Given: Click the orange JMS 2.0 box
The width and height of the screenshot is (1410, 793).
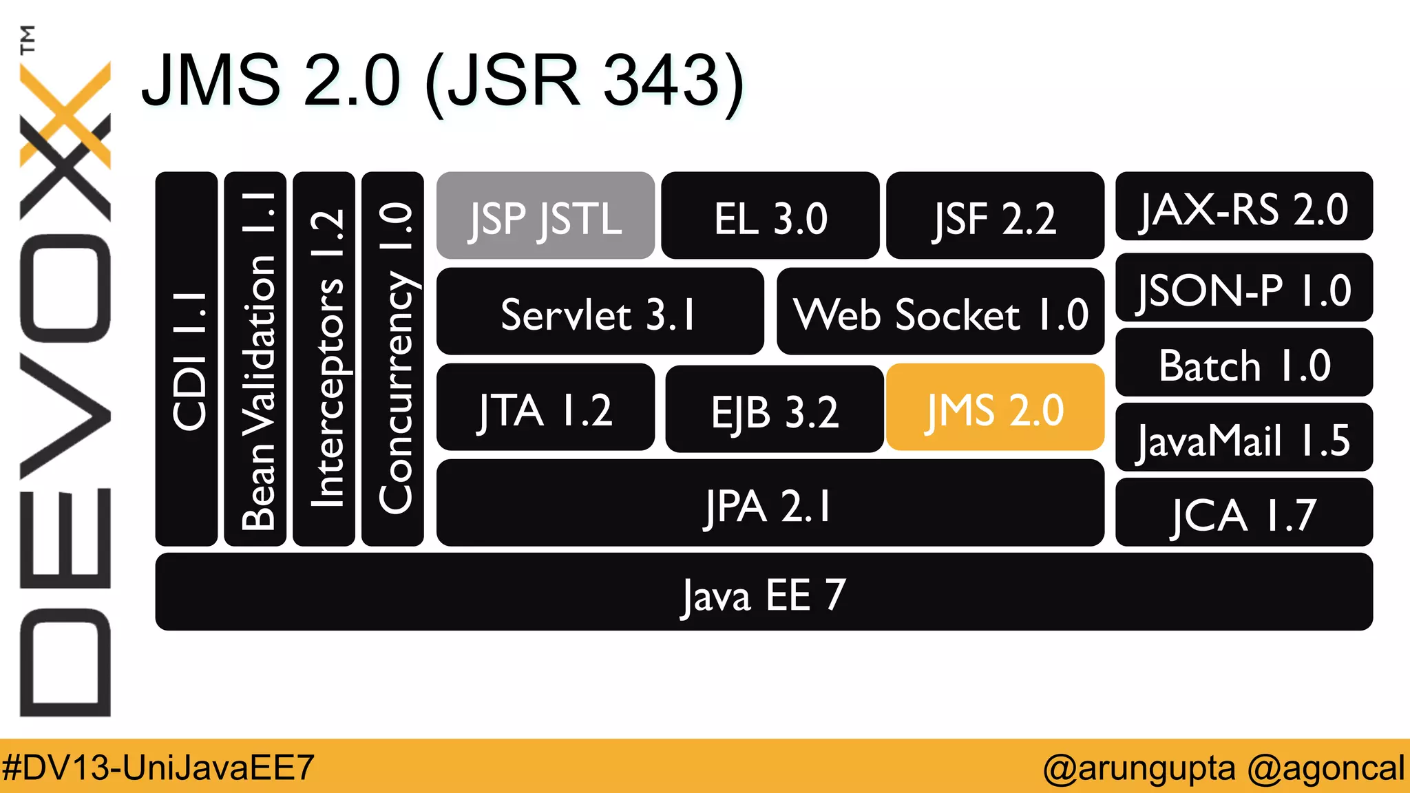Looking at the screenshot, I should tap(995, 408).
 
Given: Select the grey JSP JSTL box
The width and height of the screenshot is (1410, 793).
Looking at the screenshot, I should tap(545, 215).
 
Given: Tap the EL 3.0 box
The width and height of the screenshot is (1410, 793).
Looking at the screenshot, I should tap(770, 215).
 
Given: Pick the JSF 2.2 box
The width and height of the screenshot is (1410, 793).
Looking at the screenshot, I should tap(995, 215).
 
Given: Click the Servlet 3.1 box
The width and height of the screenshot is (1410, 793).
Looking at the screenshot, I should tap(600, 312).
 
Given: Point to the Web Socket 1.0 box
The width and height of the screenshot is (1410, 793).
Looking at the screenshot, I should tap(940, 312).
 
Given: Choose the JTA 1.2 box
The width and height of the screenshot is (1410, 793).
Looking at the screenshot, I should tap(545, 408).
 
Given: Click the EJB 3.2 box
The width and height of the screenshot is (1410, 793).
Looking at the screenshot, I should tap(775, 409).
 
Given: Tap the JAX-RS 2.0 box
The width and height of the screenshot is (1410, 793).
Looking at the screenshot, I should tap(1243, 207).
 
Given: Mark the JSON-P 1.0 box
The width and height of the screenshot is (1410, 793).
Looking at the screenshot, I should tap(1243, 288).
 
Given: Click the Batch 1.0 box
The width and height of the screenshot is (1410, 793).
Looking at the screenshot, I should tap(1243, 363).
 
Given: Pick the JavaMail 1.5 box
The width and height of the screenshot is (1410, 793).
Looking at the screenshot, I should tap(1243, 438).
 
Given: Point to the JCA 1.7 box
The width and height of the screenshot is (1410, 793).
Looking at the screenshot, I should tap(1243, 513).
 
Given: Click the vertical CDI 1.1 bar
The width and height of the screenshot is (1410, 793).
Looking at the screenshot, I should tap(187, 359).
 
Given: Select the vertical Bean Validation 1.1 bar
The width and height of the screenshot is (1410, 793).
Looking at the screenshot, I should tap(255, 359).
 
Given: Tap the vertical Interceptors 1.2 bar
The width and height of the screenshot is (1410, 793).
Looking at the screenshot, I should tap(324, 359).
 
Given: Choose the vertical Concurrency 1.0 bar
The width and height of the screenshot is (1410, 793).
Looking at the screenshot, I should tap(392, 359).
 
